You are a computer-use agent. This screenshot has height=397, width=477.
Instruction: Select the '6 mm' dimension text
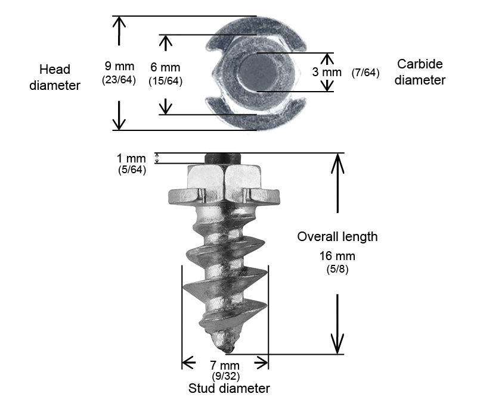coord(165,68)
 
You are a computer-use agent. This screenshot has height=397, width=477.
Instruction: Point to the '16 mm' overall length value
coord(337,256)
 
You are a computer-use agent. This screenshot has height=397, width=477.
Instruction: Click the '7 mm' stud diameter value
coord(225,365)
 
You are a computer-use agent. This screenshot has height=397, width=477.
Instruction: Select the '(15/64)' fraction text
coord(165,82)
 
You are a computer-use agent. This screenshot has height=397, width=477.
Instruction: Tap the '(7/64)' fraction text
coord(366,73)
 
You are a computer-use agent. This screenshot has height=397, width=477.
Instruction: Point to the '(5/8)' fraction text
coord(337,268)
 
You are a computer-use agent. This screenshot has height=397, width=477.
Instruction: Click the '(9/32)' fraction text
coord(225,376)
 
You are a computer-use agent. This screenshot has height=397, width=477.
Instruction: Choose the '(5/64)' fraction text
coord(132,170)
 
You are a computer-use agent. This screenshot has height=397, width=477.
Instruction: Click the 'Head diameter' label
coord(59,76)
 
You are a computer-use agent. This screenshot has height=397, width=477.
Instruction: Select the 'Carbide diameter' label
coord(420,72)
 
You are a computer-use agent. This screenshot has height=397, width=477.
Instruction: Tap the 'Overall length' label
coord(337,236)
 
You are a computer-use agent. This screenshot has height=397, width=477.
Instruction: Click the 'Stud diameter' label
coord(229,389)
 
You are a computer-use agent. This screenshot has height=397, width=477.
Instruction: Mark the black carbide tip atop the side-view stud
coord(223,158)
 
